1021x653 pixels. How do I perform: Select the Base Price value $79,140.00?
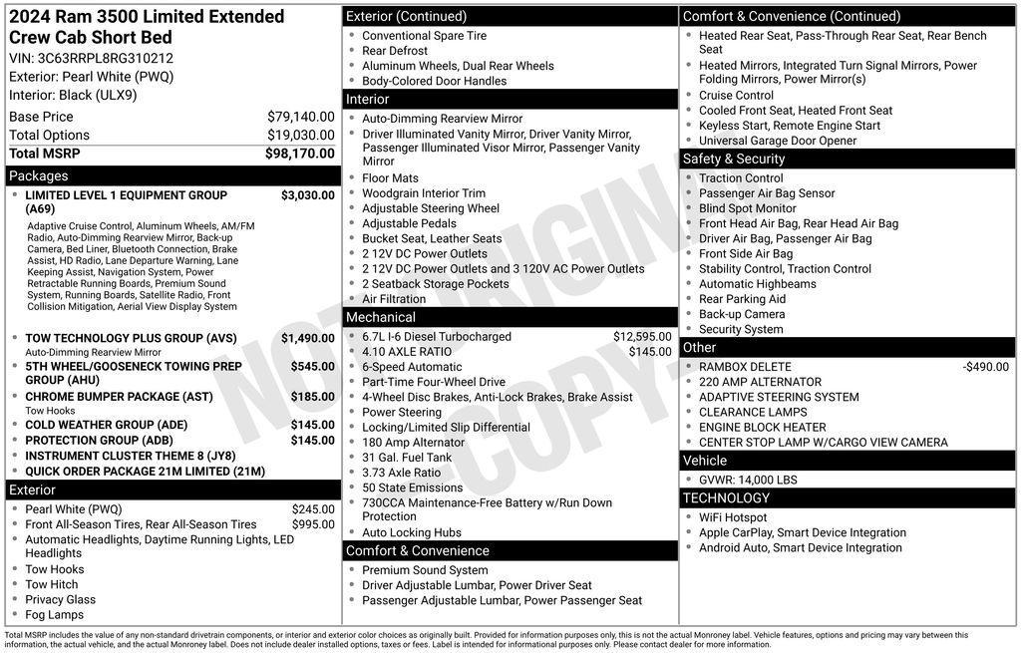pos(300,117)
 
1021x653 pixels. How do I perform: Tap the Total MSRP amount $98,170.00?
pos(299,154)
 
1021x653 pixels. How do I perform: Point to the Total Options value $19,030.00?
pos(300,136)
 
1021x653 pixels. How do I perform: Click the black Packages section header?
pos(171,176)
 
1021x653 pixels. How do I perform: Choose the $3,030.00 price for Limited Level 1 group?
pos(307,195)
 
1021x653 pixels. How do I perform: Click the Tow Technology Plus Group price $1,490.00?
pos(307,339)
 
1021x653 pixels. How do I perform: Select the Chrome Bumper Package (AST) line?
pos(119,397)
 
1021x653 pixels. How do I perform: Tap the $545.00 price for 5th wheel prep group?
pos(312,367)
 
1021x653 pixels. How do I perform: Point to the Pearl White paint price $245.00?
pos(312,509)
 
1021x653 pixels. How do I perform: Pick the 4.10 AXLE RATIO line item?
pos(406,352)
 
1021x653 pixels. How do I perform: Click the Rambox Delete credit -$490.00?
pos(985,367)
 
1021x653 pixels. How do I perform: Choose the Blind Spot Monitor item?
pos(747,208)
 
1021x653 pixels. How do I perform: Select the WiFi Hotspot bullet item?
pos(733,517)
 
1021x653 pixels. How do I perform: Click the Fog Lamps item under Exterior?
pos(54,615)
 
